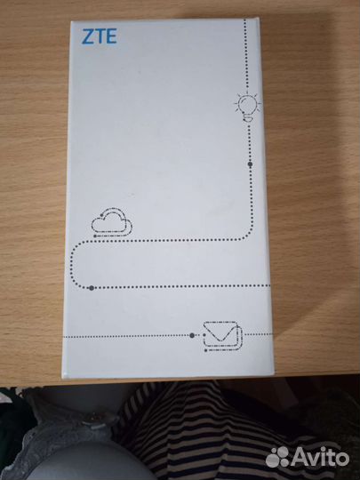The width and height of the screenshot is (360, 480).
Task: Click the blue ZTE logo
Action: point(100,36)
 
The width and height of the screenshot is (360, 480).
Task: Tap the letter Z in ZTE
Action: point(87,36)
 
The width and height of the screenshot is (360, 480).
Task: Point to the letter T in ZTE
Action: point(100,36)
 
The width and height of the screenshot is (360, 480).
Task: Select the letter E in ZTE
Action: point(111,36)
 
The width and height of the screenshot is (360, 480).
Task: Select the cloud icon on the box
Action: point(112,221)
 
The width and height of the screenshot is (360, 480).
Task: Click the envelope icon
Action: point(222,335)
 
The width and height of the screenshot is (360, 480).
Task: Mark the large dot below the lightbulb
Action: point(250,164)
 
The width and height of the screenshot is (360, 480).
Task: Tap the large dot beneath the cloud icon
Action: point(92,288)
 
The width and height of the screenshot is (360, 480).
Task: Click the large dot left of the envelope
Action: point(192,335)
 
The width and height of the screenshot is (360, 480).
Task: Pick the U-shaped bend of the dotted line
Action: point(71,264)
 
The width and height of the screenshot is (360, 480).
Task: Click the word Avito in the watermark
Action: point(320,458)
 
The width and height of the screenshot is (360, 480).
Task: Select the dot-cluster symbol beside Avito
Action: point(277,457)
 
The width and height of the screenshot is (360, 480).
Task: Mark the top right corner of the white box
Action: point(259,18)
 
